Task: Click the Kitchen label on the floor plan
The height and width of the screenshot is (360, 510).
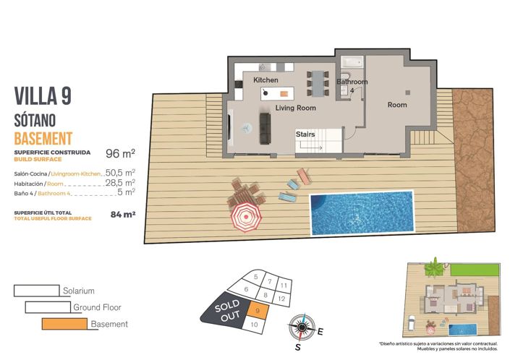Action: point(265,80)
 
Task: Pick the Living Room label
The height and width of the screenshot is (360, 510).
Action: point(296,108)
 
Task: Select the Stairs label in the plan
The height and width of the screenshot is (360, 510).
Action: point(305,134)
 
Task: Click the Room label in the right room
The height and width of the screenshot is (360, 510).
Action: point(397,105)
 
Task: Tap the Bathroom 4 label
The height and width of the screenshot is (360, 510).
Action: point(352,86)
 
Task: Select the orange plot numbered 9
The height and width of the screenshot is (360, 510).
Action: point(258,310)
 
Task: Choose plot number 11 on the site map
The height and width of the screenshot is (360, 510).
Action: point(283,286)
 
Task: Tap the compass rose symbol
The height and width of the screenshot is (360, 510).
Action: point(301,327)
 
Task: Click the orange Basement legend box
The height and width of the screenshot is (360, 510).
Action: point(64,323)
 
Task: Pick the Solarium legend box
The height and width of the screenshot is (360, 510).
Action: point(36,290)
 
